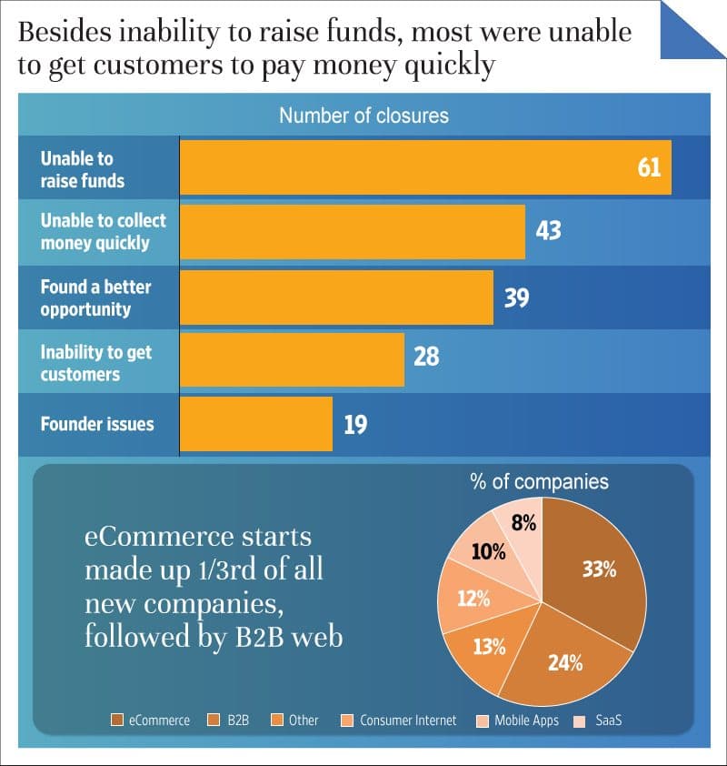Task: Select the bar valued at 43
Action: point(353,232)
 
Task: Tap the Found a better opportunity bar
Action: point(336,297)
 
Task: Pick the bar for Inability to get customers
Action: point(292,359)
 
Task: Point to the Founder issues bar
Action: point(256,424)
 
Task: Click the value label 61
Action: point(649,168)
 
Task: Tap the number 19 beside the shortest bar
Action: point(355,424)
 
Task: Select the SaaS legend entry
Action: point(604,721)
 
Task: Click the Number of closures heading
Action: point(363,116)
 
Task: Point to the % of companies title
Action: point(539,482)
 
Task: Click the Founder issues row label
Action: point(97,424)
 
